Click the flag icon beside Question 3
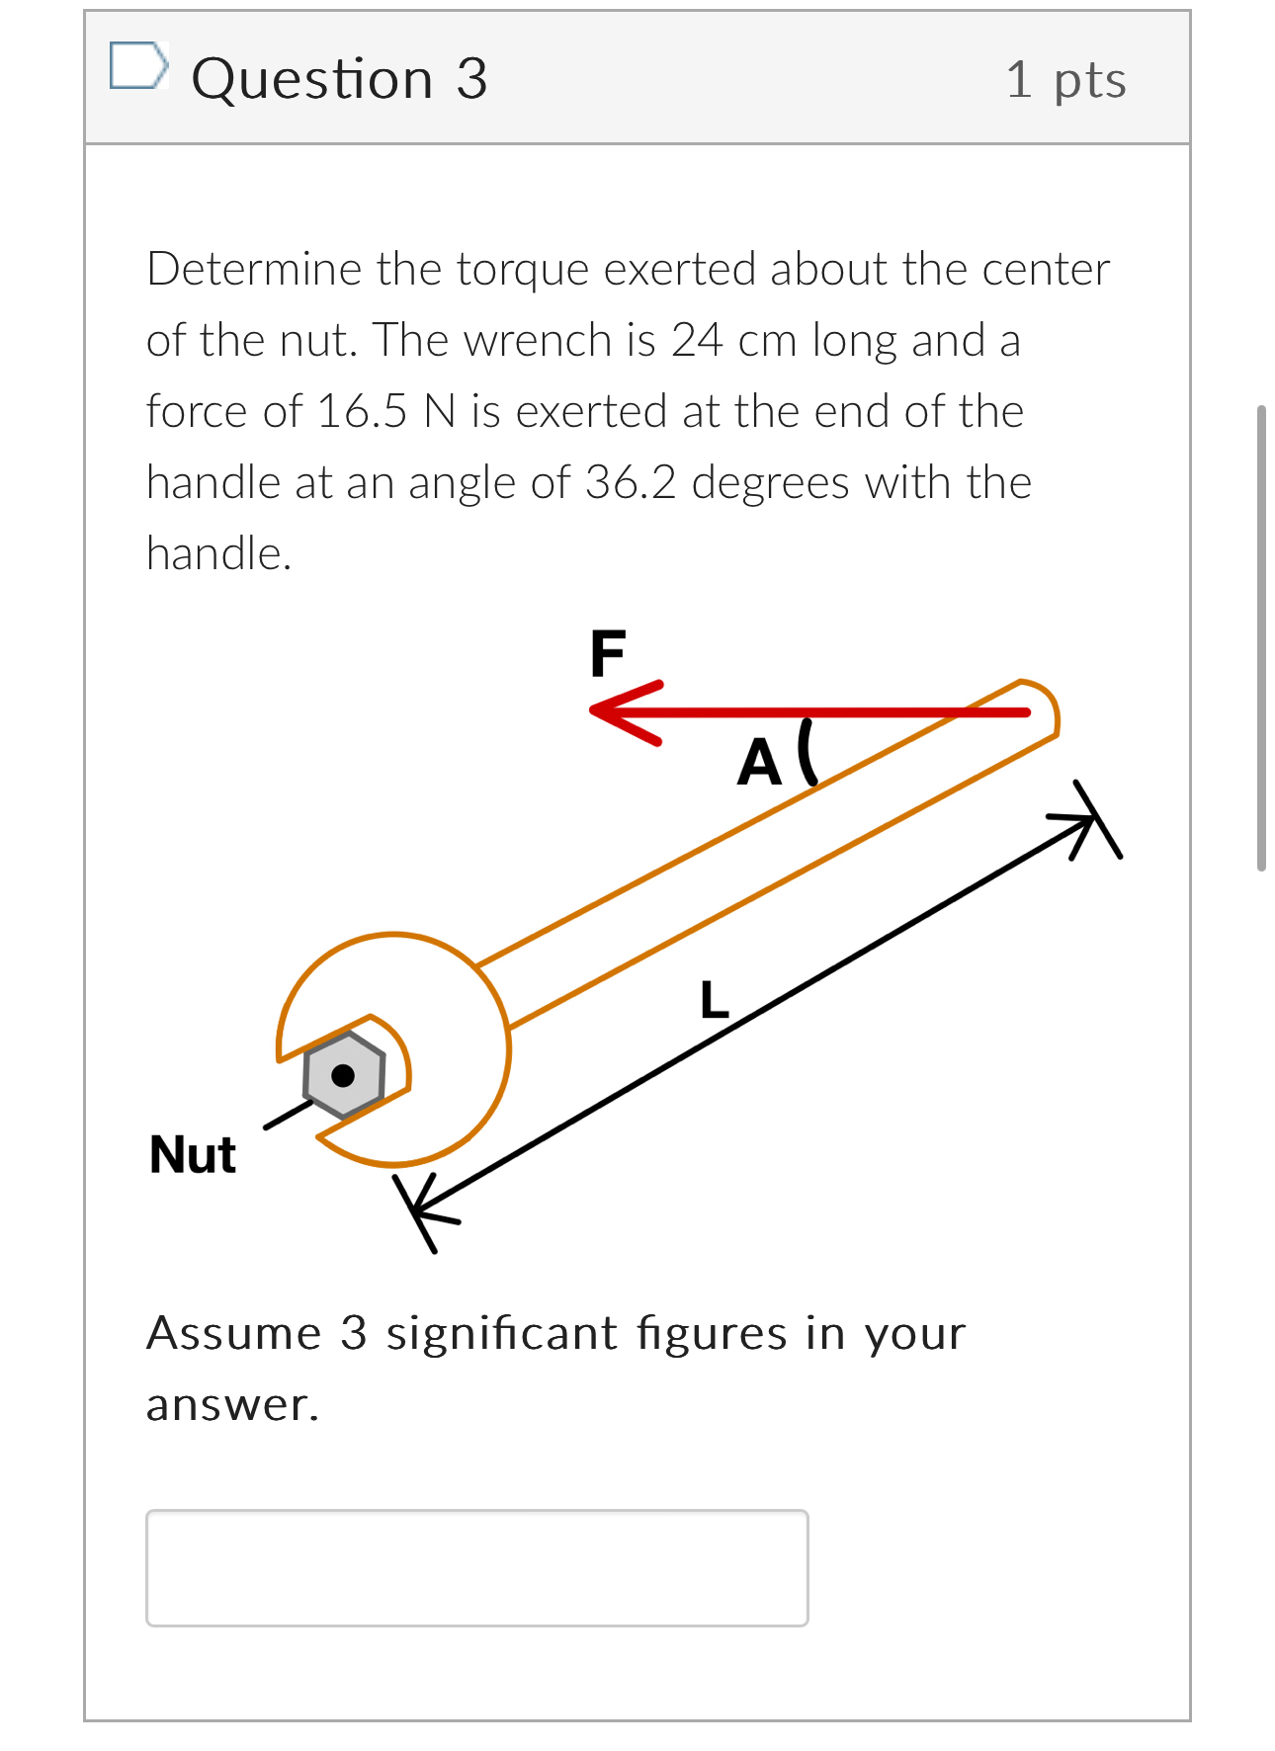137,66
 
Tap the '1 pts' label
1065,80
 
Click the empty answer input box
476,1567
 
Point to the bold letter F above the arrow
607,654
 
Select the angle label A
759,763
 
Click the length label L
714,1000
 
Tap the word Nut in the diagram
193,1154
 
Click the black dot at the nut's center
343,1075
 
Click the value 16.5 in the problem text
362,411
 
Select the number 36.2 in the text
631,482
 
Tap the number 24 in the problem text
697,340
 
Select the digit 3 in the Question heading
471,79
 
